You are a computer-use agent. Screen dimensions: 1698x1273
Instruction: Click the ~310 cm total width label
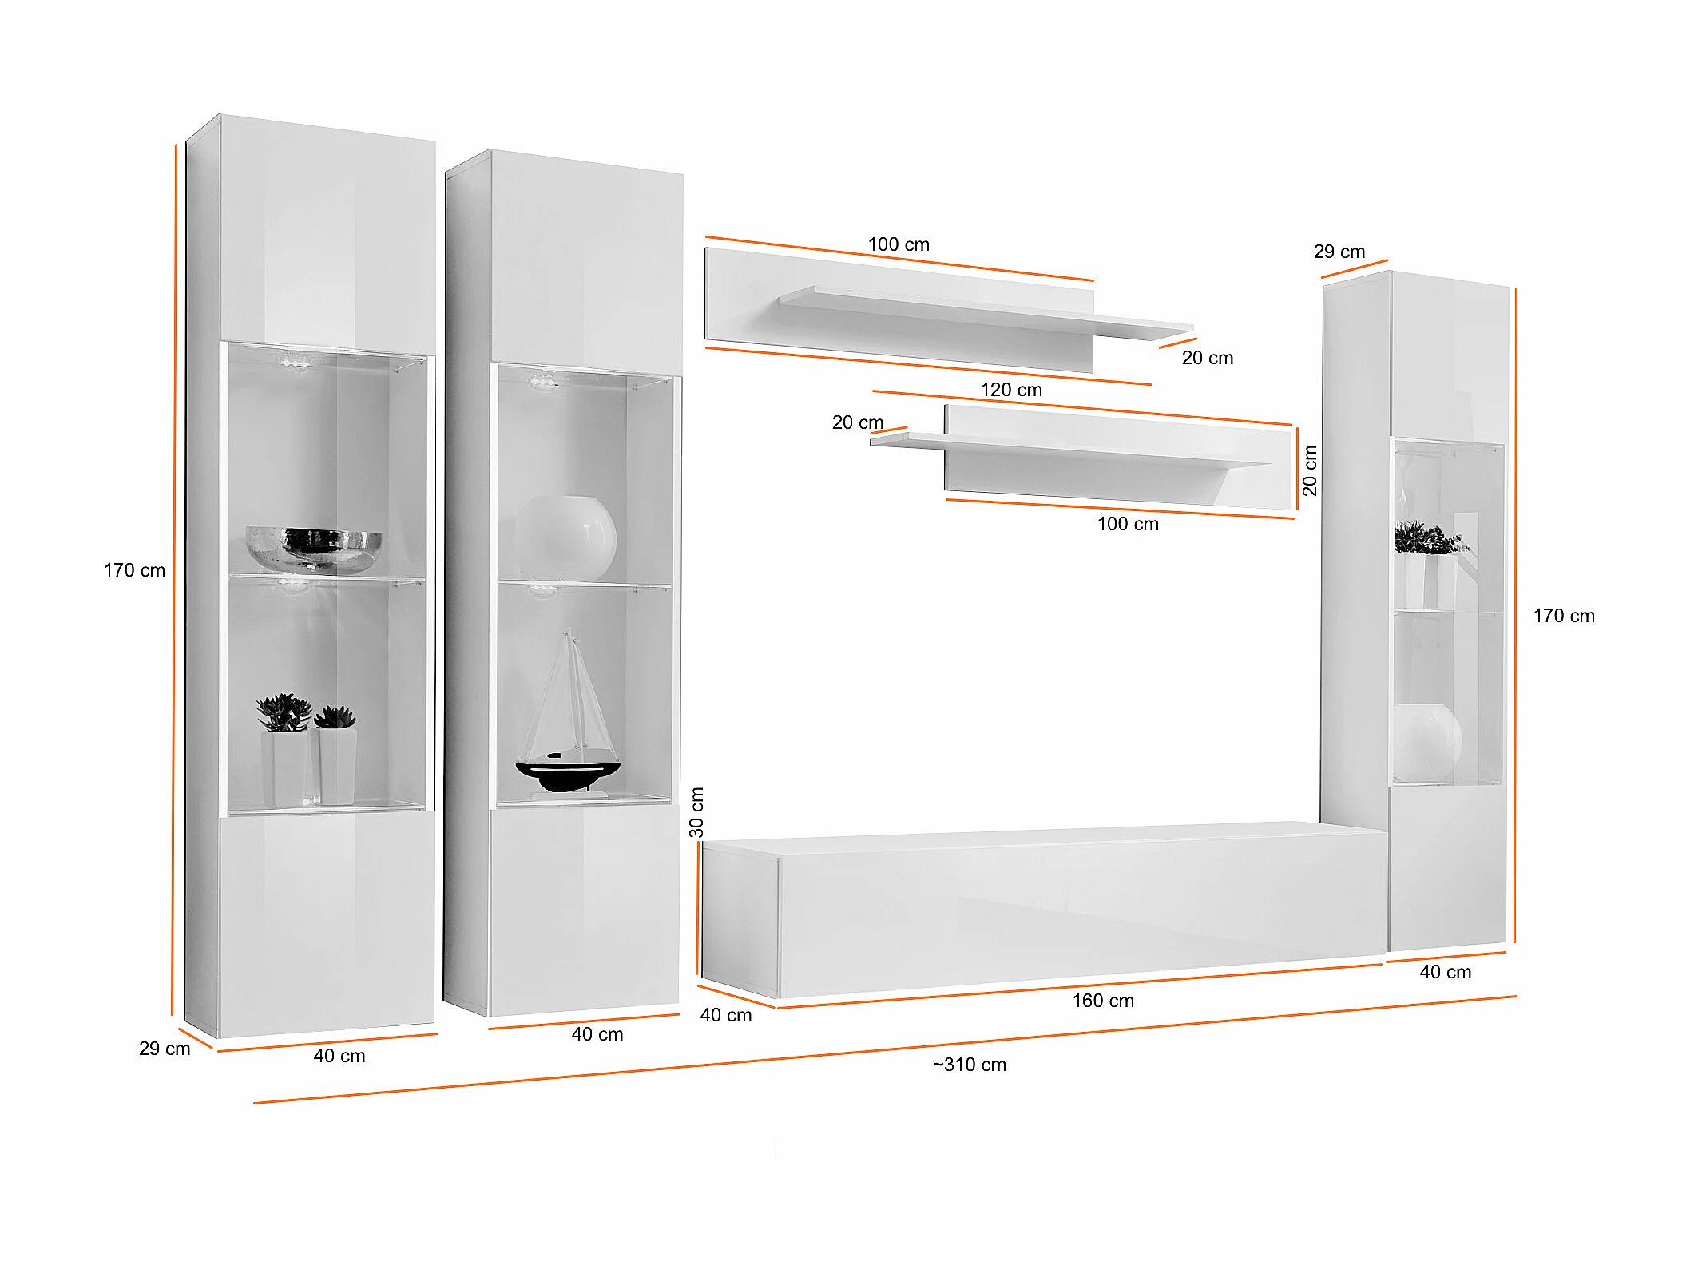[x=970, y=1065]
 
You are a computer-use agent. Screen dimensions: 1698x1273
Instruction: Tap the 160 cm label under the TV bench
[x=1103, y=1001]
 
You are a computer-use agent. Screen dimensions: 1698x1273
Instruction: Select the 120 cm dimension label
[x=1011, y=390]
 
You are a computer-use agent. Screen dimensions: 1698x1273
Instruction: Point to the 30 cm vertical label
[x=696, y=812]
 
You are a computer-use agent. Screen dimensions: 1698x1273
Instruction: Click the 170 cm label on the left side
[x=134, y=570]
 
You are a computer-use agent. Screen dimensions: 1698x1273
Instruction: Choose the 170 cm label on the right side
[x=1564, y=616]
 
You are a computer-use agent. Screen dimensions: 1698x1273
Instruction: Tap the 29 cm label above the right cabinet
[x=1339, y=252]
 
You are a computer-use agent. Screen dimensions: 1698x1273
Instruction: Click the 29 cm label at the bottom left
[x=165, y=1049]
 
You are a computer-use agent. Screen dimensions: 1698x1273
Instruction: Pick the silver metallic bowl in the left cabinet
[x=313, y=548]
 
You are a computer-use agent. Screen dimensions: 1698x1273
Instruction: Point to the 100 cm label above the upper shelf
[x=899, y=244]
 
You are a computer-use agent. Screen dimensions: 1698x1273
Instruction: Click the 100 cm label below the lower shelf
[x=1128, y=524]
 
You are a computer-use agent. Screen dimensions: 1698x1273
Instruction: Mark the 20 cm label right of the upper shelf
[x=1208, y=358]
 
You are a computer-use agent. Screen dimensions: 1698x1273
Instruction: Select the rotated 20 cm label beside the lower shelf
[x=1310, y=470]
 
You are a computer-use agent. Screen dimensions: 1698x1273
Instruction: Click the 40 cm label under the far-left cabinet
[x=339, y=1056]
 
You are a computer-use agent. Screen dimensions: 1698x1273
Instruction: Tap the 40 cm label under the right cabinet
[x=1446, y=972]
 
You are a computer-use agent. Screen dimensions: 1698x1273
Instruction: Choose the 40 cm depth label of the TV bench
[x=726, y=1015]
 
